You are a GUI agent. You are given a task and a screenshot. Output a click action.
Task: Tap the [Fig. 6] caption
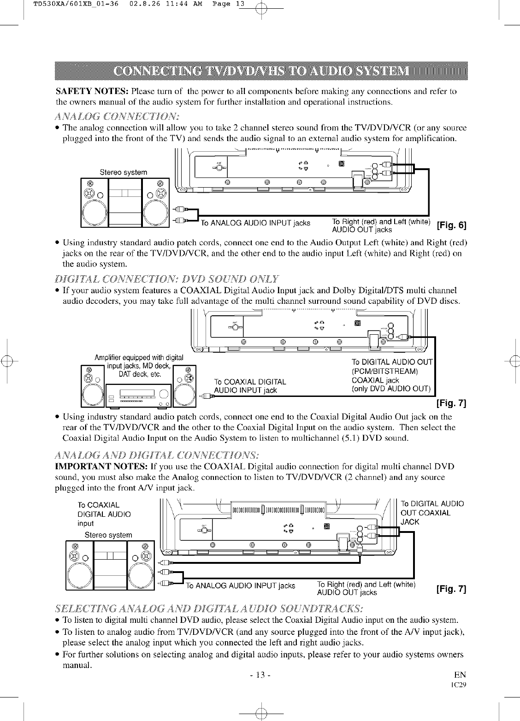click(x=452, y=225)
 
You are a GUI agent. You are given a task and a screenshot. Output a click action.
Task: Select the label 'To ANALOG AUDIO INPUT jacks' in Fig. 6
click(x=255, y=224)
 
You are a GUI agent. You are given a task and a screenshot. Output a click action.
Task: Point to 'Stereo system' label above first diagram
click(x=124, y=172)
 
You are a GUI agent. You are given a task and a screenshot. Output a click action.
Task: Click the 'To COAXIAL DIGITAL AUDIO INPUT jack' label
click(x=250, y=386)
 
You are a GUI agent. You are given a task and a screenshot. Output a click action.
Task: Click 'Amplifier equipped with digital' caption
click(x=139, y=357)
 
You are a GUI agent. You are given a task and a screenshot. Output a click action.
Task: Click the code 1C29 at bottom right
click(x=461, y=685)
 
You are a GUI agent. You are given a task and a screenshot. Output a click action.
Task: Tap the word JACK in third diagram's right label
click(x=410, y=522)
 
